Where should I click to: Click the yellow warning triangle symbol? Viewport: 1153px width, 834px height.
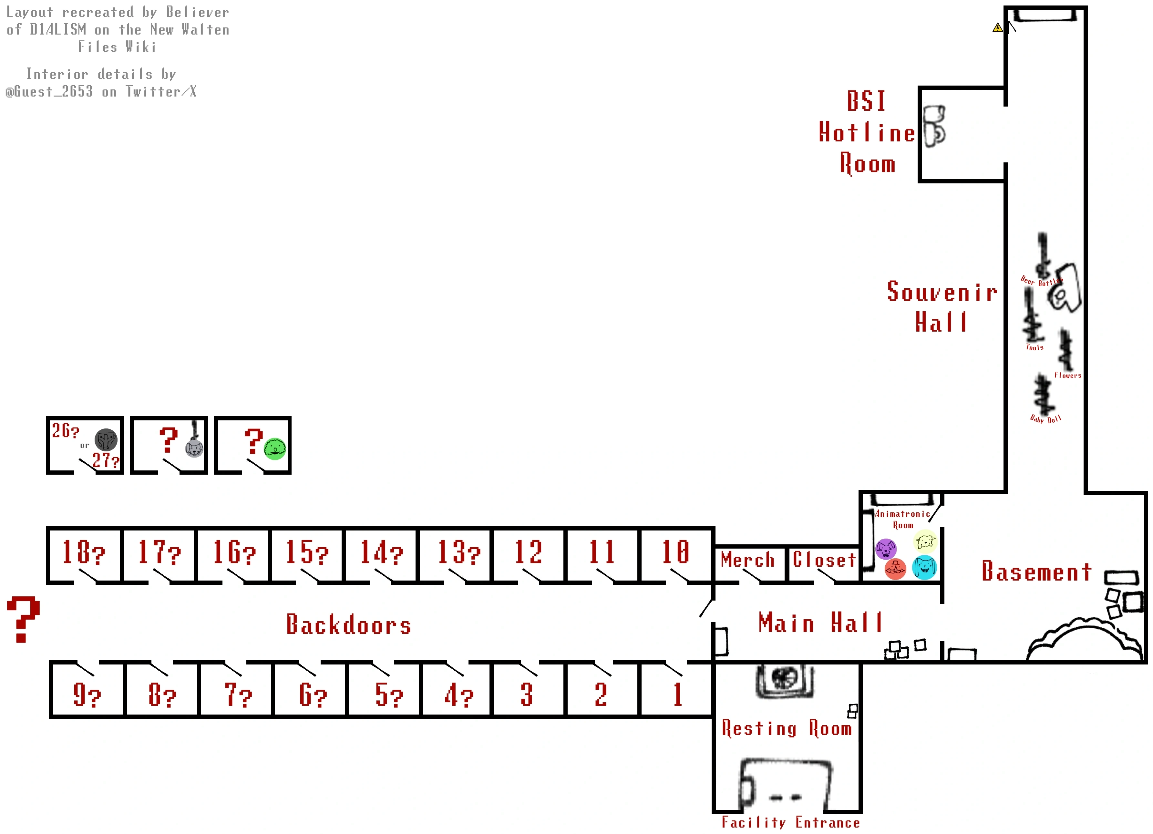coord(997,28)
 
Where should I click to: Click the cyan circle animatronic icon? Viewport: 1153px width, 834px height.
coord(924,567)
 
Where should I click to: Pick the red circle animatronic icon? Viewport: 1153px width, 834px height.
coord(895,569)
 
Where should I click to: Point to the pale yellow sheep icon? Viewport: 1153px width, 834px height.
coord(925,542)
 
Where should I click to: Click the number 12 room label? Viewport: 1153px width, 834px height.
coord(529,552)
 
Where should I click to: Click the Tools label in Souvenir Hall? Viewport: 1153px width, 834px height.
coord(1035,348)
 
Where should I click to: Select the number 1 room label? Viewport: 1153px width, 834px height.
coord(678,695)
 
